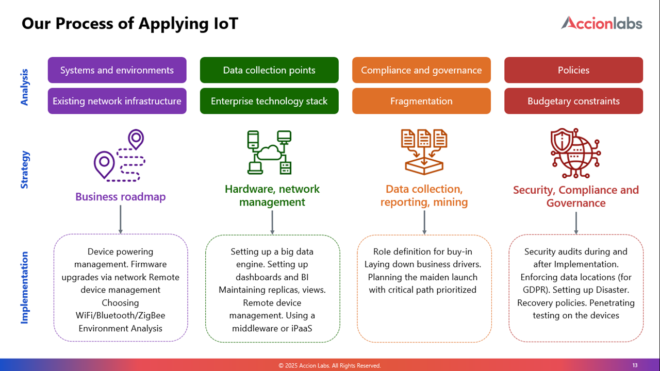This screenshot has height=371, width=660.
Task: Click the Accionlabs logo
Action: pyautogui.click(x=601, y=23)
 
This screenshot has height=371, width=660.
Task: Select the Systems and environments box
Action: pyautogui.click(x=117, y=70)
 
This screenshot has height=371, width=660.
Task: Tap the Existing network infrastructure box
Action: pyautogui.click(x=117, y=101)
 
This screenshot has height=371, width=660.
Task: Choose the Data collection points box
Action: pyautogui.click(x=269, y=70)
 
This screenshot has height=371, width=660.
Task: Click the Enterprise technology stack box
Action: pyautogui.click(x=269, y=101)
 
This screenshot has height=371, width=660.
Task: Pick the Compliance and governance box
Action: pyautogui.click(x=421, y=70)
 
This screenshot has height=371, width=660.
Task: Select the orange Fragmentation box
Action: pyautogui.click(x=421, y=101)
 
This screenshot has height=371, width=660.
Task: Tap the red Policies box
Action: pyautogui.click(x=574, y=70)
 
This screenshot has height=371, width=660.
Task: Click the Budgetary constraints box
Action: pyautogui.click(x=574, y=101)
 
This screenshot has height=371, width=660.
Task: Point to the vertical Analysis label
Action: pyautogui.click(x=24, y=87)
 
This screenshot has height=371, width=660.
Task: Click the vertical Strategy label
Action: pyautogui.click(x=24, y=170)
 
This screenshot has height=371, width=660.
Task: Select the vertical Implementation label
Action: pyautogui.click(x=24, y=288)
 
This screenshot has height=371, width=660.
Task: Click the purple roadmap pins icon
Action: pyautogui.click(x=120, y=155)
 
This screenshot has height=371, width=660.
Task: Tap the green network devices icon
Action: pyautogui.click(x=269, y=152)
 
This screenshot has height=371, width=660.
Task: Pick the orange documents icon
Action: pyautogui.click(x=424, y=152)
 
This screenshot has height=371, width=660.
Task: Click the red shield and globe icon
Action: pyautogui.click(x=576, y=153)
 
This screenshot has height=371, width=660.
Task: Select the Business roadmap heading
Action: pyautogui.click(x=121, y=197)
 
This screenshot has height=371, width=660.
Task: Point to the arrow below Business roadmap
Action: pyautogui.click(x=121, y=220)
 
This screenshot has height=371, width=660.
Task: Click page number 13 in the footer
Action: pyautogui.click(x=635, y=365)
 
